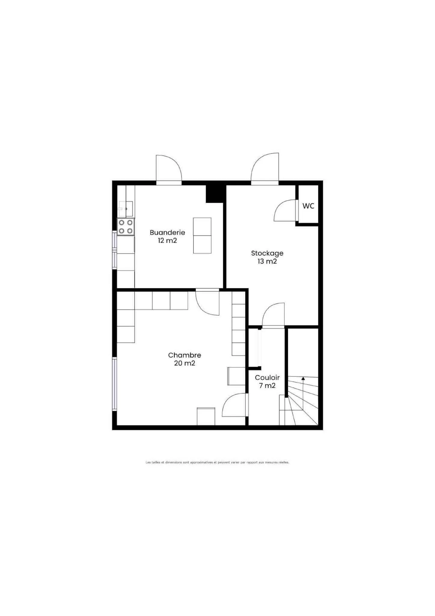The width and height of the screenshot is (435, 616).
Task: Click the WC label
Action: click(308, 206)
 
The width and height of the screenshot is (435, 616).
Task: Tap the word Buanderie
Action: click(167, 232)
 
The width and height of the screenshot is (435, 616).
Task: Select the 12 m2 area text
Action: click(167, 240)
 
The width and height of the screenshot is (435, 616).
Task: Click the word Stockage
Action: click(267, 253)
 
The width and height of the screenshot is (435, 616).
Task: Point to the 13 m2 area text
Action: click(267, 261)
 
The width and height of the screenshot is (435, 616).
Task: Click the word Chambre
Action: click(185, 355)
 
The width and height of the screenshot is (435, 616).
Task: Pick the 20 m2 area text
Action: click(185, 363)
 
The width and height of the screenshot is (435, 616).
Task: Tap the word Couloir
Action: click(267, 377)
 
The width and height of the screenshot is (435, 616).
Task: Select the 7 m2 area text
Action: click(267, 385)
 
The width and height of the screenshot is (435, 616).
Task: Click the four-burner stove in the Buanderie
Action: click(126, 227)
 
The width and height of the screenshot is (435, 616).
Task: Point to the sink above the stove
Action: click(126, 209)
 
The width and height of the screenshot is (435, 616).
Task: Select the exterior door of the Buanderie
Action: click(169, 170)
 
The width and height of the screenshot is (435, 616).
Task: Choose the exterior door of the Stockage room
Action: click(265, 169)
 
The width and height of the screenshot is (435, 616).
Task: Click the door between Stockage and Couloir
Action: click(273, 315)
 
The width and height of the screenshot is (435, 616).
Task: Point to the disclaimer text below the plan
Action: click(217, 462)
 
